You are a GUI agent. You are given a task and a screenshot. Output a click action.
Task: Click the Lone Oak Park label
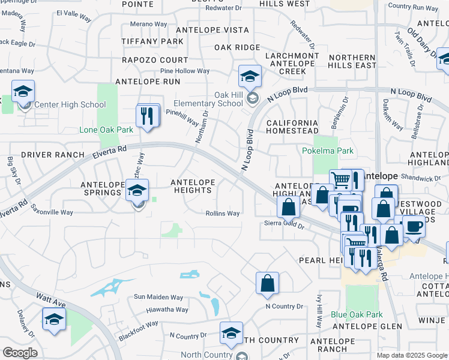click(x=106, y=130)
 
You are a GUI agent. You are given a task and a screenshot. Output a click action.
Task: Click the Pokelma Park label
click(x=328, y=151)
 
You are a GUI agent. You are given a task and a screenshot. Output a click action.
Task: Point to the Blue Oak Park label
click(x=357, y=314)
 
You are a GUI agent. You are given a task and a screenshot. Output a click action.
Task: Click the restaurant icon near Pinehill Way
click(x=147, y=116)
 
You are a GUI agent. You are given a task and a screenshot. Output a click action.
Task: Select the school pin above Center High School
click(x=23, y=92)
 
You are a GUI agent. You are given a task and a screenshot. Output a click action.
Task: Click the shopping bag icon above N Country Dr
click(x=267, y=283)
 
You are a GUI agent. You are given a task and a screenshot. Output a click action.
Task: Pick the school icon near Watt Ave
click(x=54, y=319)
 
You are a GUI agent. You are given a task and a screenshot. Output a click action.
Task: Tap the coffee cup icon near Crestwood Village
click(x=413, y=227)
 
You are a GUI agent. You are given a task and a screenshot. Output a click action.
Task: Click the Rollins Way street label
click(x=223, y=213)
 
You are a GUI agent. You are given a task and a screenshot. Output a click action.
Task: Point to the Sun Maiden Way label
click(x=158, y=297)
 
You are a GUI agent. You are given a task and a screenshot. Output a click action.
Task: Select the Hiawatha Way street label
click(x=167, y=310)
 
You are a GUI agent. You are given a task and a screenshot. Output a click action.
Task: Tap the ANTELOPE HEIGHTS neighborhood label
click(x=191, y=186)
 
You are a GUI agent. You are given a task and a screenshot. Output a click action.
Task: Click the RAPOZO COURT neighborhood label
click(x=155, y=61)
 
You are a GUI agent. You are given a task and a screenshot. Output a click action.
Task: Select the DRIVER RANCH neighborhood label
click(x=53, y=155)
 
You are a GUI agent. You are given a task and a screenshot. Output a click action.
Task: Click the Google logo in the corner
click(x=20, y=353)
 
